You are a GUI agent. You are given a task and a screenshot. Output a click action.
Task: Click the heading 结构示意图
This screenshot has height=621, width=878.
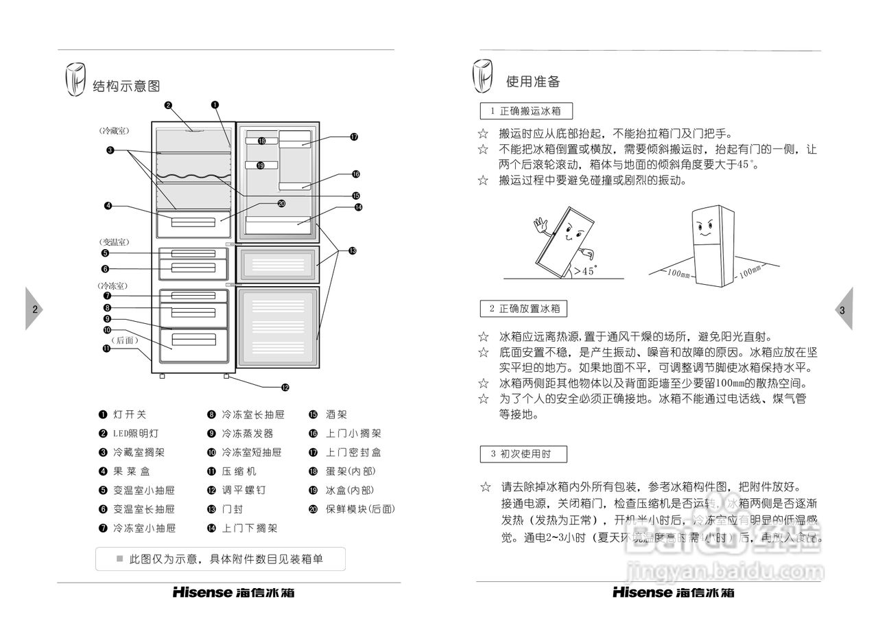click(x=126, y=86)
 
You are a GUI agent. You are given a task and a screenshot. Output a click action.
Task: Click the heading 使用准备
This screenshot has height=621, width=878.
click(x=533, y=82)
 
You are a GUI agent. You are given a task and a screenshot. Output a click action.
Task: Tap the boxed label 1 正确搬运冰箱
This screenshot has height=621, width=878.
click(x=526, y=110)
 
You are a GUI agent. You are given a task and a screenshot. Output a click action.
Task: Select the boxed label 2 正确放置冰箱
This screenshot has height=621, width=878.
click(x=525, y=309)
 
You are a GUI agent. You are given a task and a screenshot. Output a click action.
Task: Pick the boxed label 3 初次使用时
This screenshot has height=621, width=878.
click(x=525, y=454)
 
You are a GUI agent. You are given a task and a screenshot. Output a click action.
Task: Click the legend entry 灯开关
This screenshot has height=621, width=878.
click(x=130, y=414)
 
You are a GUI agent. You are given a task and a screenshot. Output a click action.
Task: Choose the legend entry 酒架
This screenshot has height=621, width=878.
click(x=336, y=414)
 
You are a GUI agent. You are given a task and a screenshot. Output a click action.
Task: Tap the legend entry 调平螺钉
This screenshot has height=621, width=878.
click(x=244, y=490)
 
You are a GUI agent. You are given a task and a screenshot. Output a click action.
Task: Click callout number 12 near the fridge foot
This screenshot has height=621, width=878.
click(x=285, y=387)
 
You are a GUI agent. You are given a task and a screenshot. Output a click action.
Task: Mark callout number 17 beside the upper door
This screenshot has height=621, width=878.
click(x=354, y=137)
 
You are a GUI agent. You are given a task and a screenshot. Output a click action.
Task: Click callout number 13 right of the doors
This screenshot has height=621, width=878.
click(x=352, y=251)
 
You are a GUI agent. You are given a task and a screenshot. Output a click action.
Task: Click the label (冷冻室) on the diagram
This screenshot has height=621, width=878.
click(x=112, y=285)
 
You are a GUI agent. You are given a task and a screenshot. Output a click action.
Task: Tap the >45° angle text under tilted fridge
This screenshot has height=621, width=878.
click(x=585, y=271)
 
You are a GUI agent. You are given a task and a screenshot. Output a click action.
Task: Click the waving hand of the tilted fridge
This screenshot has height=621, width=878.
click(x=541, y=224)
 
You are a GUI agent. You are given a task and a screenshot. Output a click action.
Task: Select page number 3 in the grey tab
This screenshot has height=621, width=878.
click(x=842, y=309)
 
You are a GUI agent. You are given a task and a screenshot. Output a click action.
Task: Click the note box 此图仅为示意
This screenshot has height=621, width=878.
click(x=220, y=559)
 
